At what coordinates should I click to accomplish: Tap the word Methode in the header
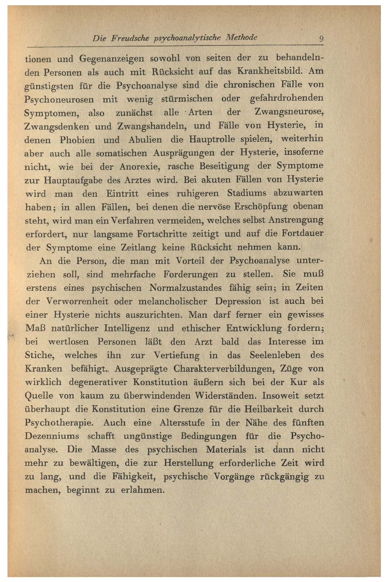(x=241, y=38)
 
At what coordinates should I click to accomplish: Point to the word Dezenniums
(x=52, y=436)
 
